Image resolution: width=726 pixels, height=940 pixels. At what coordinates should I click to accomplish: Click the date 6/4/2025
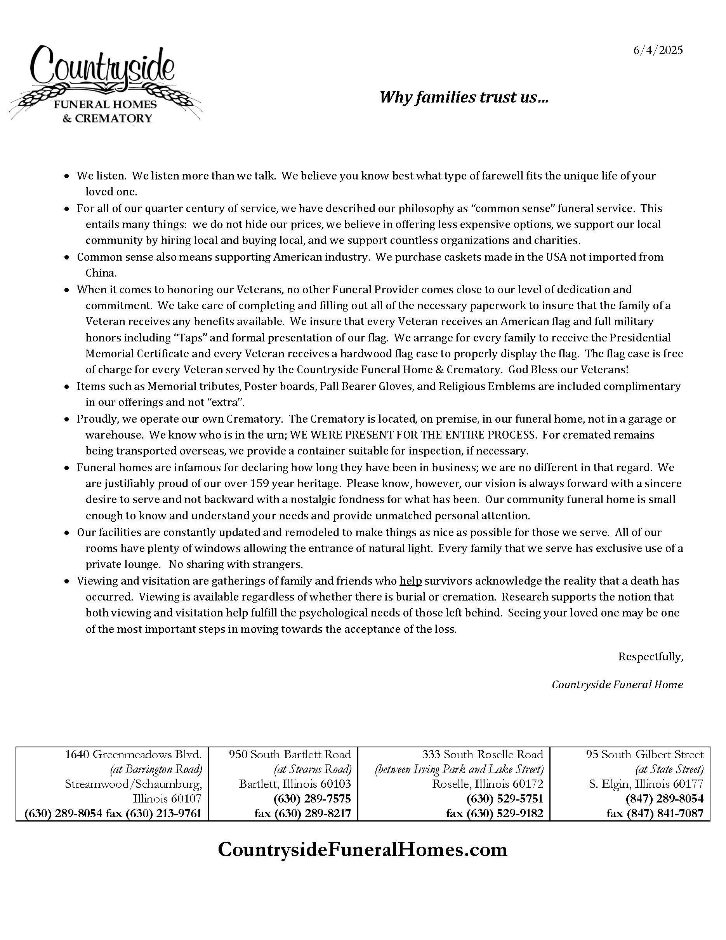pos(658,50)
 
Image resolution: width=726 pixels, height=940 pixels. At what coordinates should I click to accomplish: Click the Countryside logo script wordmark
pos(103,67)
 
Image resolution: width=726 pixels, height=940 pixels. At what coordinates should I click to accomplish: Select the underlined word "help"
pos(410,581)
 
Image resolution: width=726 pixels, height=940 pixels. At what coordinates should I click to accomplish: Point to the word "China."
pos(101,273)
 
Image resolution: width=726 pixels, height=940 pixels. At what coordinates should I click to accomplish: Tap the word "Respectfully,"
pos(650,657)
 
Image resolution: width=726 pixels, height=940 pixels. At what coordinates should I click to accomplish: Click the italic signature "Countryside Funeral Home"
pos(617,685)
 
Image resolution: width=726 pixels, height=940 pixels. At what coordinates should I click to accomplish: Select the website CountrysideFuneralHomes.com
pos(363,849)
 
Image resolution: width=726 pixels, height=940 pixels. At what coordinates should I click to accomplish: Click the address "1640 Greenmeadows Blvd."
pos(133,754)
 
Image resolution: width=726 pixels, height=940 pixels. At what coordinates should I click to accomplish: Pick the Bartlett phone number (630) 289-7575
pos(312,799)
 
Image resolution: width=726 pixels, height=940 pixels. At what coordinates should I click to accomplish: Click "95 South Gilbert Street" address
pos(645,754)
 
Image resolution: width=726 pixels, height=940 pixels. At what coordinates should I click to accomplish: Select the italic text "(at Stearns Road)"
pos(312,769)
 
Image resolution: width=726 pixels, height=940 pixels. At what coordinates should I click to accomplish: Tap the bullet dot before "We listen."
pos(67,176)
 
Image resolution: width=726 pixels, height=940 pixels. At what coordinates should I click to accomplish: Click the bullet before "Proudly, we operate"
pos(67,419)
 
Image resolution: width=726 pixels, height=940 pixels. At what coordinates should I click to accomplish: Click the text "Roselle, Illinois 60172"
pos(488,784)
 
